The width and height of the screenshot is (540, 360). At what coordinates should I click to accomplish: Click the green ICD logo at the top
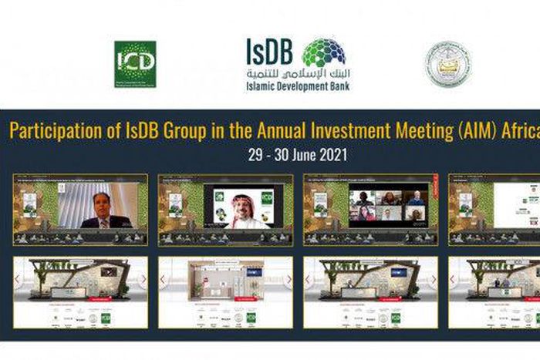[135, 64]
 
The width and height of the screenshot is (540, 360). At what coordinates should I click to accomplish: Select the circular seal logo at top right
[447, 64]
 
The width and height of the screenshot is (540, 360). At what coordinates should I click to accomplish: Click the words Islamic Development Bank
[299, 86]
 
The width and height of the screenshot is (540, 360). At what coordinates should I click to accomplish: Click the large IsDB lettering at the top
[269, 51]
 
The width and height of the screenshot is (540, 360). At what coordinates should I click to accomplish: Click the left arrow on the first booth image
[18, 279]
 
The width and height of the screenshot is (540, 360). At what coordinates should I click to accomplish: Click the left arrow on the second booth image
[163, 279]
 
